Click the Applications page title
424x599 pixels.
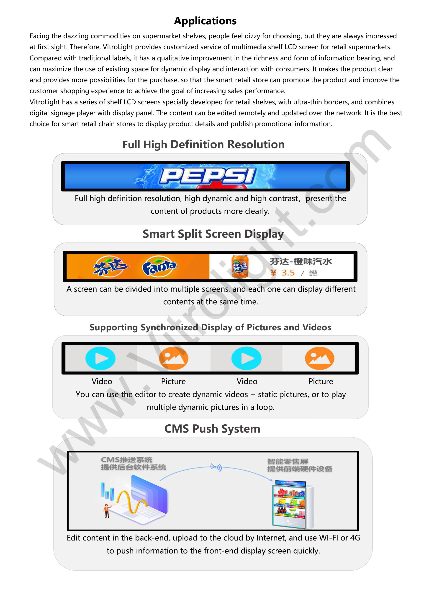click(x=205, y=21)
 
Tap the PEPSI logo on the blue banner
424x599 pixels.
click(x=208, y=176)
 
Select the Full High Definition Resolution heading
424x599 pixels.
click(x=203, y=145)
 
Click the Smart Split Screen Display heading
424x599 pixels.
click(x=213, y=234)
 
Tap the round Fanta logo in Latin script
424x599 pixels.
click(x=159, y=266)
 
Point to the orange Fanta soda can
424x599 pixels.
click(x=240, y=267)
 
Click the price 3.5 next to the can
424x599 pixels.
click(x=288, y=273)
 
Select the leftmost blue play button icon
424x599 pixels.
click(x=100, y=358)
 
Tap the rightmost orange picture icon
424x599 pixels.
click(x=320, y=358)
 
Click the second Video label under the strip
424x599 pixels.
click(x=247, y=381)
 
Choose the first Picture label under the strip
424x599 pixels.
click(x=173, y=381)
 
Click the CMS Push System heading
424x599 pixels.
click(x=212, y=429)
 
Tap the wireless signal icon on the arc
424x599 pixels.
click(x=216, y=467)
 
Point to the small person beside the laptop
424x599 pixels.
click(x=107, y=511)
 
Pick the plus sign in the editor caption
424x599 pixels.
click(x=253, y=395)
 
